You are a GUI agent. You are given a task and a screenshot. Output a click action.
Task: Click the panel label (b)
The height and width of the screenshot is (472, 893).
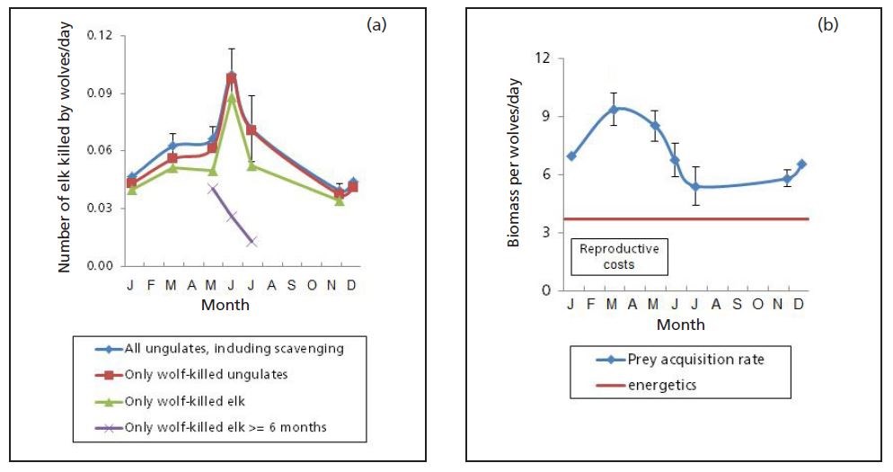827,25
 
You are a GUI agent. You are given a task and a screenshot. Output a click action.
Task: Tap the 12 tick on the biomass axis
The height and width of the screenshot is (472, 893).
544,58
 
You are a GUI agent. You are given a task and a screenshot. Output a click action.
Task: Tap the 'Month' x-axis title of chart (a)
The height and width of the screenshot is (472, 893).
225,305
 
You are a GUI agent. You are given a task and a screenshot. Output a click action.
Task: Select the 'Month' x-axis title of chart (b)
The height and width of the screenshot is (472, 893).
680,324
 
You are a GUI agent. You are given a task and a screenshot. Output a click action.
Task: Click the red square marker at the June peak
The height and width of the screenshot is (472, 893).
232,79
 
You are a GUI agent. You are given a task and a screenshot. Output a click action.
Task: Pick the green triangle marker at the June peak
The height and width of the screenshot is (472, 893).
232,97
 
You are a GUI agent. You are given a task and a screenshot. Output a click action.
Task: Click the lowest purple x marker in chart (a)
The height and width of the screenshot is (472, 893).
252,241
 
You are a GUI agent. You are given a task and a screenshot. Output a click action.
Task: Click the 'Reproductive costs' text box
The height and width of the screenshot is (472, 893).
618,256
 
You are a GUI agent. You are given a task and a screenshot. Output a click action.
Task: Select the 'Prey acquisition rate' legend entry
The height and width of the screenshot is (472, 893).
680,360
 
